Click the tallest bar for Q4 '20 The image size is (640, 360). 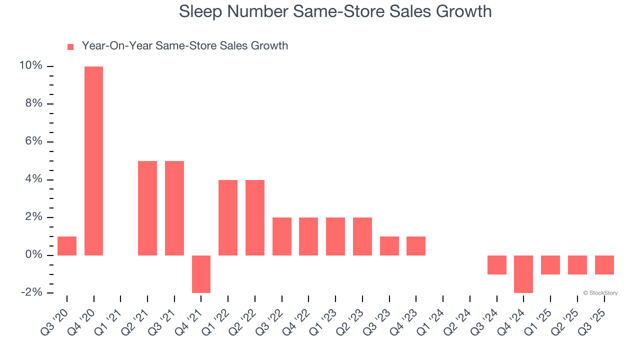(x=93, y=160)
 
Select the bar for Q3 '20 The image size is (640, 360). (x=67, y=246)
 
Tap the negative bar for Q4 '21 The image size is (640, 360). (x=201, y=274)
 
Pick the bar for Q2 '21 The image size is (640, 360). (x=147, y=208)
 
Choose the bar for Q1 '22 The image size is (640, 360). (x=228, y=217)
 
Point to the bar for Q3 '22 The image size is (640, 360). (x=282, y=236)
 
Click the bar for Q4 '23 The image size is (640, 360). (x=416, y=246)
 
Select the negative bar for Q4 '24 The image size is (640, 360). (x=523, y=274)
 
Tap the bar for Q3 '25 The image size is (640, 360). (x=604, y=265)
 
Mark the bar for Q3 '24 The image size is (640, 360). (x=497, y=265)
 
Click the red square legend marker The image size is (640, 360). (x=70, y=46)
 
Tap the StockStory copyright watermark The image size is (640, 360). (x=600, y=293)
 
